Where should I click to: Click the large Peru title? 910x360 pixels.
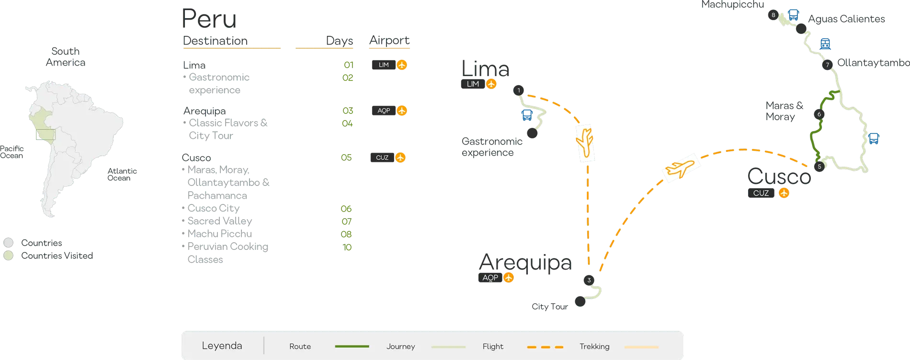209,19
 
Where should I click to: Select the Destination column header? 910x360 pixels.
215,41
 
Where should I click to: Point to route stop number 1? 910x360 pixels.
518,90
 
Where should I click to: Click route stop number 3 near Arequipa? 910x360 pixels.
589,280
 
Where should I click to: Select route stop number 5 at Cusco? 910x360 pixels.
819,167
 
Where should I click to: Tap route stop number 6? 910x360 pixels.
819,114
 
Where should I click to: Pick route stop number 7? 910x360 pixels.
827,65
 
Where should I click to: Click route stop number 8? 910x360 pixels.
773,15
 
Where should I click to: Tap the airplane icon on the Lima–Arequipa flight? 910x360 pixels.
585,142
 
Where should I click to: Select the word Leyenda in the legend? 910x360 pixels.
222,346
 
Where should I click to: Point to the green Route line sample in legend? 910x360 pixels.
352,346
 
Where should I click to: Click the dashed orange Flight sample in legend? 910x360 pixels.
545,347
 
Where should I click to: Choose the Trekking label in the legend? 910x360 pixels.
594,346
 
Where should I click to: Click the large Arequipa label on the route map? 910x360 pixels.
525,263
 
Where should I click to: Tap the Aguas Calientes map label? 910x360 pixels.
846,19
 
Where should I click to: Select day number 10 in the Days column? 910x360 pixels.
347,247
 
